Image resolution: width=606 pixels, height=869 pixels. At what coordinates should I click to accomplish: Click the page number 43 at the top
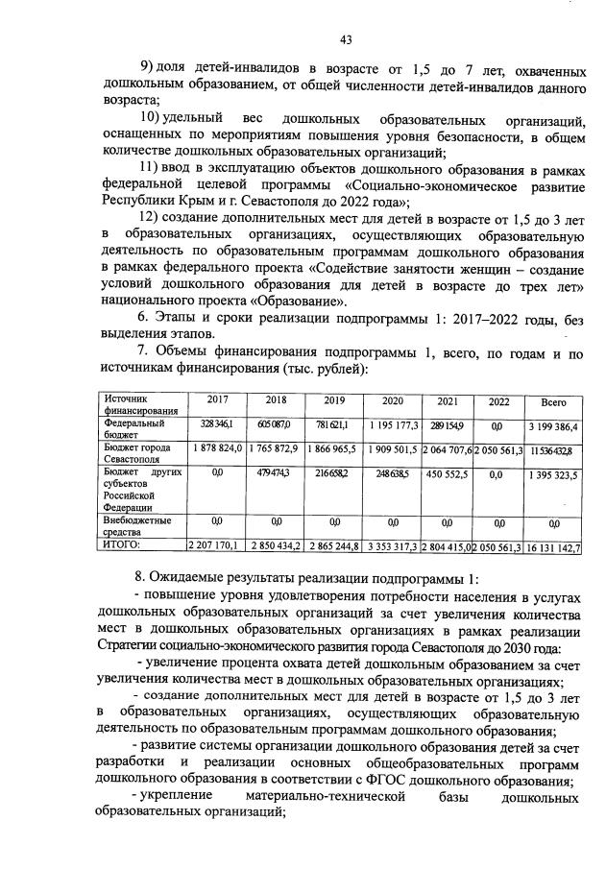346,39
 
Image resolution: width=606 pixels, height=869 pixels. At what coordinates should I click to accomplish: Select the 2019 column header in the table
333,399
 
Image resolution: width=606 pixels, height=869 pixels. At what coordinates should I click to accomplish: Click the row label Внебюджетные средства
137,525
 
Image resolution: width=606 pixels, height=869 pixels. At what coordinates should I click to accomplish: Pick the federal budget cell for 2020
392,424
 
